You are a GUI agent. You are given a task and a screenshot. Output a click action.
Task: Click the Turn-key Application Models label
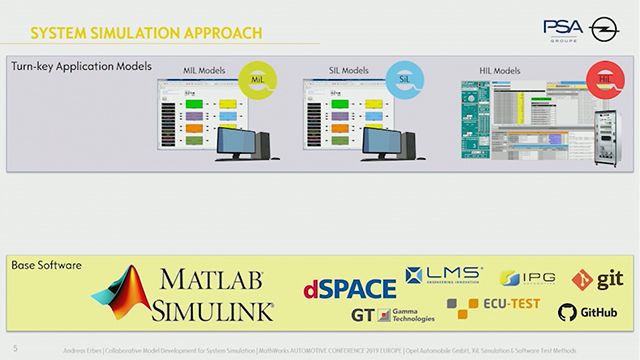tap(82, 68)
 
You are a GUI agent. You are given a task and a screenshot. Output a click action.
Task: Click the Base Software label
tap(46, 266)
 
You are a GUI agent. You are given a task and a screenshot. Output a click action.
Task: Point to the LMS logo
tap(446, 275)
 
